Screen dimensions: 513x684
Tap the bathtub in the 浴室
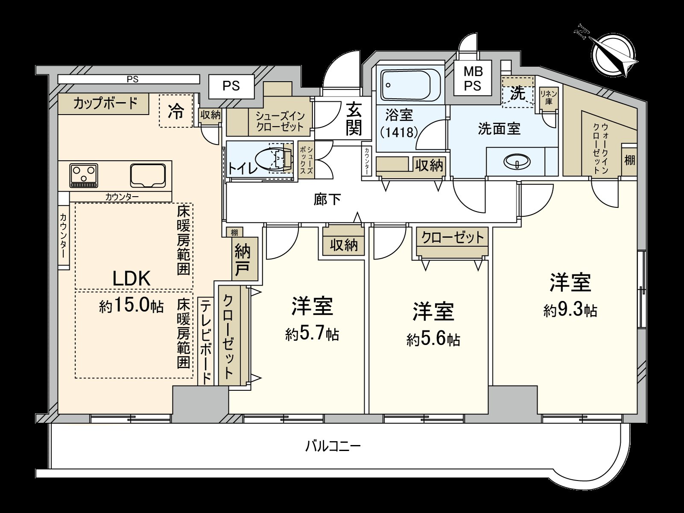pos(410,85)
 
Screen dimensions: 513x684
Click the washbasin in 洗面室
pos(517,162)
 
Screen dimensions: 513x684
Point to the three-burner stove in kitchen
pos(84,175)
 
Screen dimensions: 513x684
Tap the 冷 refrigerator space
pos(175,111)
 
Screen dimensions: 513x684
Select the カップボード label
pos(105,103)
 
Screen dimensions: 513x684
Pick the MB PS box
pos(472,79)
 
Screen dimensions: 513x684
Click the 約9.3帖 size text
pos(570,310)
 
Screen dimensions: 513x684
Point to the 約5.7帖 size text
pos(312,333)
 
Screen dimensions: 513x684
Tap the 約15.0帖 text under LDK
pos(131,306)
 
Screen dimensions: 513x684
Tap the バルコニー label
pos(333,447)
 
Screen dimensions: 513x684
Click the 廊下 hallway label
pos(327,199)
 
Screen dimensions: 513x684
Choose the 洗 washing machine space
pos(518,93)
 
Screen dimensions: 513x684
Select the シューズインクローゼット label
pos(280,121)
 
